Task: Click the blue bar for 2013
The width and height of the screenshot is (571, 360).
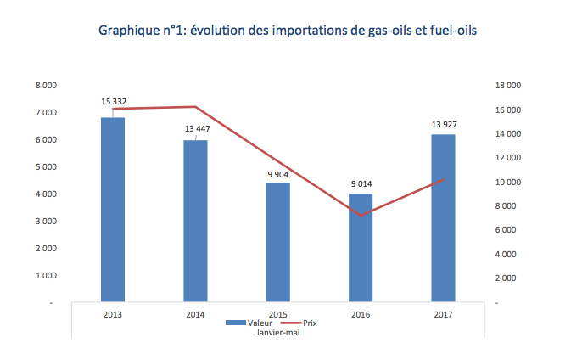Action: (113, 209)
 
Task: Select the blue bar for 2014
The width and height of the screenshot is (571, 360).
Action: (196, 221)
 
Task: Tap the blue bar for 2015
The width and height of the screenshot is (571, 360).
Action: (278, 242)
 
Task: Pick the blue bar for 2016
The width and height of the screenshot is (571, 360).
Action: (361, 247)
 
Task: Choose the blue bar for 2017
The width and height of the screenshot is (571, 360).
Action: (443, 218)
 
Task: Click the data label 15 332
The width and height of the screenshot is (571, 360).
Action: (114, 102)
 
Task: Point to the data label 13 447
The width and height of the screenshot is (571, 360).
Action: (196, 129)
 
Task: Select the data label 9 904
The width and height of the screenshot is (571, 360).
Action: (278, 174)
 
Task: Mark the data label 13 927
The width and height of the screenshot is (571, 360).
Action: (444, 125)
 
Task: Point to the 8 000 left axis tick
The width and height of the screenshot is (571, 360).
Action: (46, 86)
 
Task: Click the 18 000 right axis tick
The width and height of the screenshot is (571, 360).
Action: (507, 86)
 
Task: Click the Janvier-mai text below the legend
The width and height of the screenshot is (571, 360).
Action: (277, 333)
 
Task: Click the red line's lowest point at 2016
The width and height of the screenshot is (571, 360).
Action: (361, 216)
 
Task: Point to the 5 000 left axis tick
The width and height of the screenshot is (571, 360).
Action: (46, 167)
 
